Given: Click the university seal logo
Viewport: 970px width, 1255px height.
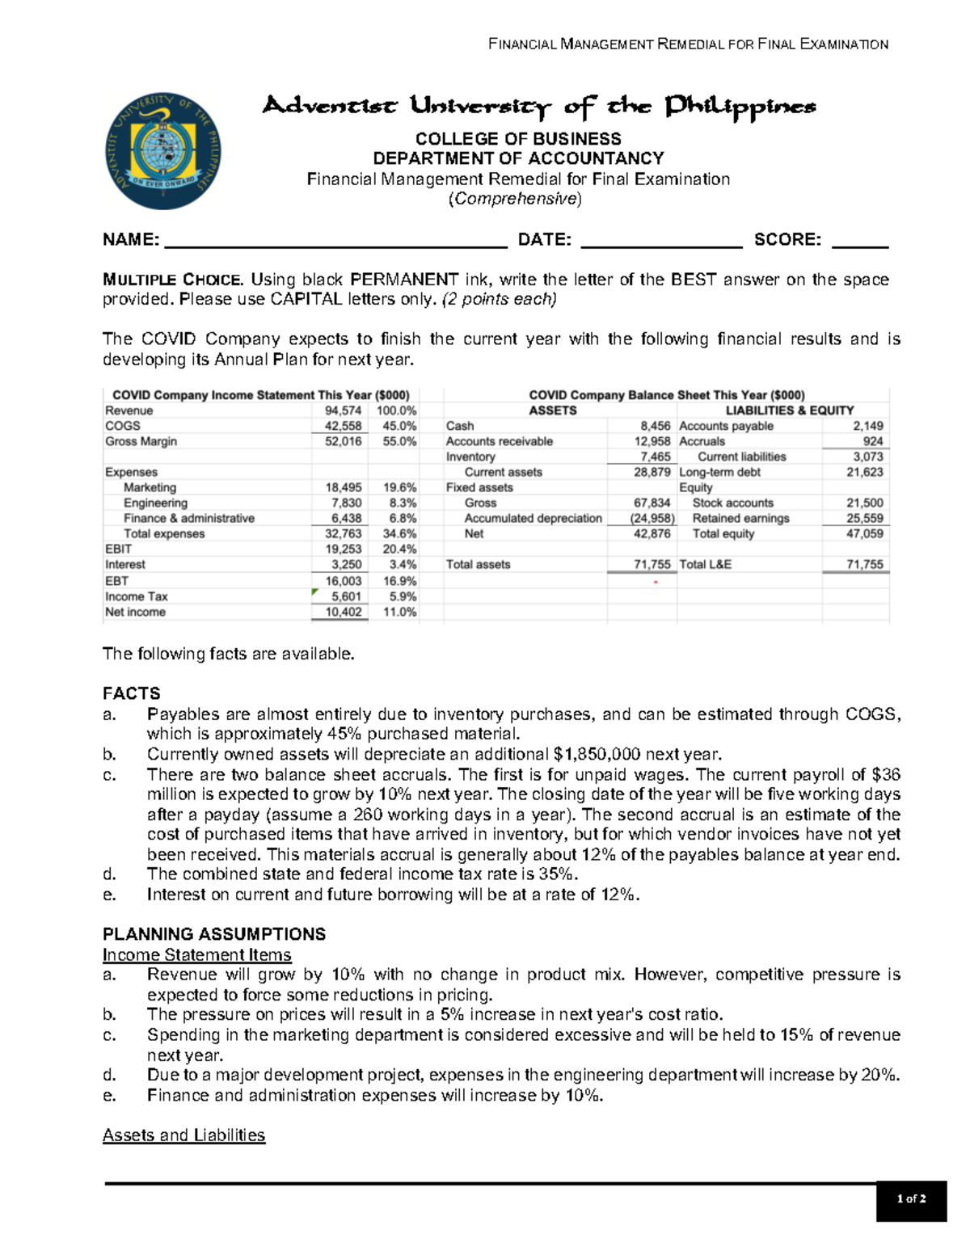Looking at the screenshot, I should coord(163,151).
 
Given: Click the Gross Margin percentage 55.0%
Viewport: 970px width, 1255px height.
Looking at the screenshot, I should coord(399,441).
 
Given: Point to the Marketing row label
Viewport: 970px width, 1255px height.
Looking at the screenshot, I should coord(150,487).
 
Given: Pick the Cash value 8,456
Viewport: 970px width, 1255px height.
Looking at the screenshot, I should coord(655,426).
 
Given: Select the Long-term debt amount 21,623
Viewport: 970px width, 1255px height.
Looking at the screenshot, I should coord(864,472).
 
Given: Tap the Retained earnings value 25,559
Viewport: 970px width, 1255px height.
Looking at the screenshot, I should coord(864,518).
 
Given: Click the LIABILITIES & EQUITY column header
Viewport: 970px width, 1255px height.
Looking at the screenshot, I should coord(789,411).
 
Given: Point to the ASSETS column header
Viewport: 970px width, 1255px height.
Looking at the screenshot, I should coord(552,411).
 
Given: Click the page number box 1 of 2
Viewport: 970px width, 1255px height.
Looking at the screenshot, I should coord(911,1199).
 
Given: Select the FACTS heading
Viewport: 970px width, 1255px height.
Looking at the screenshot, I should coord(131,693).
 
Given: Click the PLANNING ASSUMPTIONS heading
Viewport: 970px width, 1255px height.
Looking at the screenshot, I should coord(214,934).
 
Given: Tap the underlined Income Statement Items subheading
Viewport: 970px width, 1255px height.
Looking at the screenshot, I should coord(196,954).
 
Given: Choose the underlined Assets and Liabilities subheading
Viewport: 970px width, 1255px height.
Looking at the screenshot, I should coord(183,1135).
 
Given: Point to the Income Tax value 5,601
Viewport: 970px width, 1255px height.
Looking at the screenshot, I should coord(346,596).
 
